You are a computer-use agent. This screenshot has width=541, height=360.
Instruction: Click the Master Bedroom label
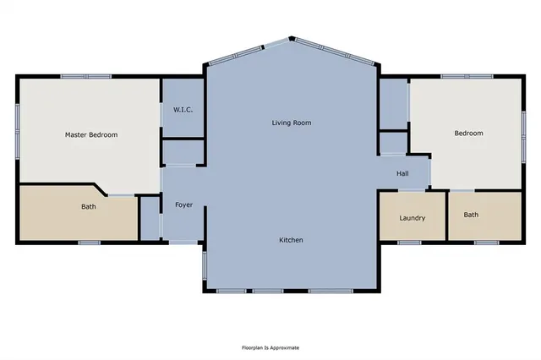click(x=91, y=135)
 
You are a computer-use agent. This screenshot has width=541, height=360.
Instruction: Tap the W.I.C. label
click(x=183, y=110)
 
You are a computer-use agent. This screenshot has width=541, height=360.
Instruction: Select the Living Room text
click(x=292, y=123)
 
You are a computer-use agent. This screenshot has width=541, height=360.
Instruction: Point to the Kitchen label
click(x=291, y=240)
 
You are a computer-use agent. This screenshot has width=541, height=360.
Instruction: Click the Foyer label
click(x=184, y=205)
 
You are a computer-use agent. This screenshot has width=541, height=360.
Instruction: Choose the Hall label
click(x=402, y=173)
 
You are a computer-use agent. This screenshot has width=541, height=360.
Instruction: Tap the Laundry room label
click(x=413, y=218)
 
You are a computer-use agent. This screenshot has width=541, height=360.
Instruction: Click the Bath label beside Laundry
click(x=471, y=215)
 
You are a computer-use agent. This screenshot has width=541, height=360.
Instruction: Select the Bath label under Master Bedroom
click(x=89, y=206)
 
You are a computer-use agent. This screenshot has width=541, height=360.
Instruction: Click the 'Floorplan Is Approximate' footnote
click(x=270, y=347)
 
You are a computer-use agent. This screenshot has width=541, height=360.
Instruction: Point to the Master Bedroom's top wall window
click(x=86, y=77)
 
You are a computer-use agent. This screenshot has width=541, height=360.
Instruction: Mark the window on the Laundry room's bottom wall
click(x=409, y=243)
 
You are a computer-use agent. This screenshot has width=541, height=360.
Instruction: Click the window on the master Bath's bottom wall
click(x=90, y=243)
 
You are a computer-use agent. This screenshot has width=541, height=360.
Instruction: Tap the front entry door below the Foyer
click(x=183, y=242)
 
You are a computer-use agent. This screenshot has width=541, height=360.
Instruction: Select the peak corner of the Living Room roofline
click(x=292, y=38)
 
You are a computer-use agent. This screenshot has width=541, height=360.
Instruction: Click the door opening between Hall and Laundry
click(x=412, y=190)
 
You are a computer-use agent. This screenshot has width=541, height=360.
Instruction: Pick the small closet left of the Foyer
click(x=150, y=218)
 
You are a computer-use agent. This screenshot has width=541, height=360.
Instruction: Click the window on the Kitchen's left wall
click(x=205, y=265)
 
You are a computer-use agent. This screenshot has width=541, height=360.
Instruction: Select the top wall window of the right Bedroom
click(x=467, y=77)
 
